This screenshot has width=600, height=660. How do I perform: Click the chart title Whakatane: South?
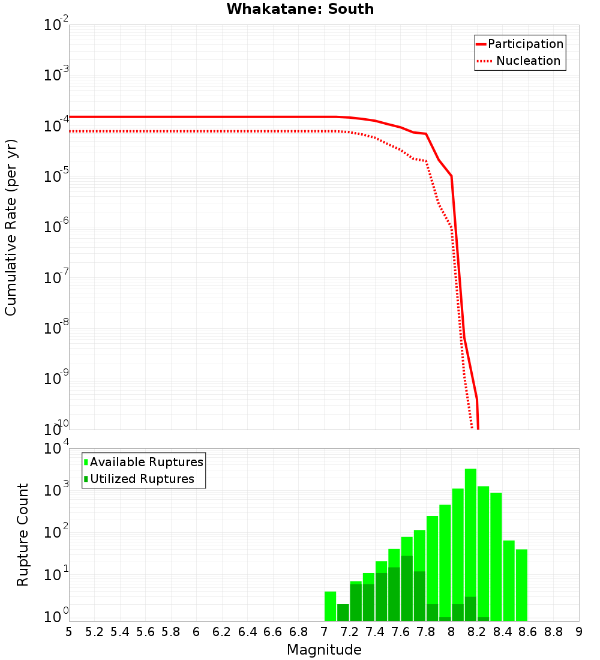(300, 9)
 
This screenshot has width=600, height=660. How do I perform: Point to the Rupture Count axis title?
(23, 535)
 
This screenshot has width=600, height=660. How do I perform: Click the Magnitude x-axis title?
(324, 650)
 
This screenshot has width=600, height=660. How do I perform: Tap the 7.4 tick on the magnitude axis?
(375, 632)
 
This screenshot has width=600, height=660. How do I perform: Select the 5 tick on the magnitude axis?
(69, 632)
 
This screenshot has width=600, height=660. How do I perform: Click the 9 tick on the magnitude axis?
(579, 632)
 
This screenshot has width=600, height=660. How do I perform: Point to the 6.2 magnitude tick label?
(222, 632)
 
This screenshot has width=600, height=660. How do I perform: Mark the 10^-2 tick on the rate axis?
(56, 25)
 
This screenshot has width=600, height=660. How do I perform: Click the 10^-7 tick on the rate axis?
(56, 278)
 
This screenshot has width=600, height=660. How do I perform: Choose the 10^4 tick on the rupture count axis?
(56, 449)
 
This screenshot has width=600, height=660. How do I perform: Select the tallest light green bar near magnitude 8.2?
(470, 540)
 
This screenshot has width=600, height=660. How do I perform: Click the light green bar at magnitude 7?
(330, 606)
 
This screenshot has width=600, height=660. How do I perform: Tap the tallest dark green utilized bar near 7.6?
(407, 588)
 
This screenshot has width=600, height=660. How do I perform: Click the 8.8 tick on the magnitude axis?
(553, 632)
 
